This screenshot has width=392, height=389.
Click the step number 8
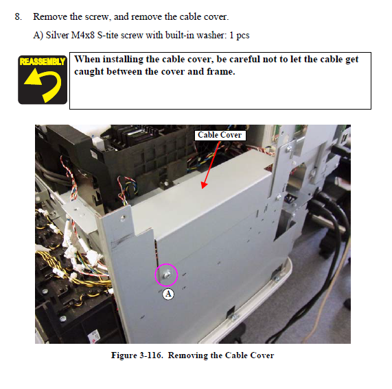pyautogui.click(x=19, y=16)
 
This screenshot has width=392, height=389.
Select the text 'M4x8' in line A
pyautogui.click(x=83, y=35)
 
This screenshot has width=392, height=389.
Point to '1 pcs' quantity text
pyautogui.click(x=239, y=36)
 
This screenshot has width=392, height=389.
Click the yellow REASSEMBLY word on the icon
pyautogui.click(x=43, y=62)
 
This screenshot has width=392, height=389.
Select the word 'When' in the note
pyautogui.click(x=87, y=60)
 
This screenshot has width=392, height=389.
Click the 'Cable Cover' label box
pyautogui.click(x=220, y=135)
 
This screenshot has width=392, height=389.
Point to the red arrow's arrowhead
pyautogui.click(x=205, y=185)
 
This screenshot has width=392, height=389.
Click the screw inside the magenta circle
pyautogui.click(x=167, y=275)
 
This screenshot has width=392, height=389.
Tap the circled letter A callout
pyautogui.click(x=168, y=294)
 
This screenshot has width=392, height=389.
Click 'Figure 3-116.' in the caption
pyautogui.click(x=137, y=355)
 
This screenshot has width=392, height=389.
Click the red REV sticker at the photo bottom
pyautogui.click(x=94, y=336)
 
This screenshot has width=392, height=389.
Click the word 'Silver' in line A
pyautogui.click(x=57, y=35)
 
